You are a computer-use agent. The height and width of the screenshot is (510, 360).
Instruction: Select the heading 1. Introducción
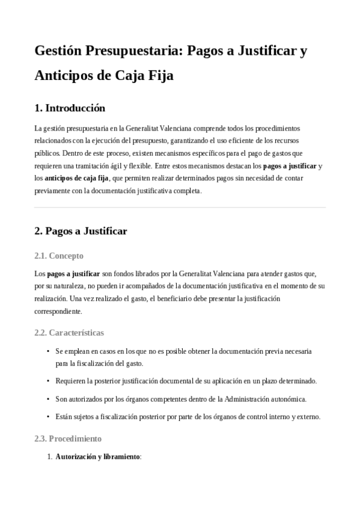click(x=70, y=108)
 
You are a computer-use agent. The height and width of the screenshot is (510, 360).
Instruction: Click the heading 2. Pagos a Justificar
click(x=81, y=231)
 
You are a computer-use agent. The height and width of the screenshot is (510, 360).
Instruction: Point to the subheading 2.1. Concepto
click(x=59, y=256)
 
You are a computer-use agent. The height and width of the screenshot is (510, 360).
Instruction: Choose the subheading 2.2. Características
click(x=69, y=332)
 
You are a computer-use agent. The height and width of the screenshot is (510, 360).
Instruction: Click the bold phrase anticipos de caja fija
click(x=76, y=178)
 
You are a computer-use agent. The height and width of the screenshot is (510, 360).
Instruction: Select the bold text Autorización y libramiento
click(x=97, y=457)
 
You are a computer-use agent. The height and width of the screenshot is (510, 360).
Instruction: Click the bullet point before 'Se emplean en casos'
click(x=48, y=351)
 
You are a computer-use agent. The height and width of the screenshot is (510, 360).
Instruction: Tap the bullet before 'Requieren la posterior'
click(x=48, y=381)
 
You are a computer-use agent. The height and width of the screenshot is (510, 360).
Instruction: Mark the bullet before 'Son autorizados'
click(x=48, y=399)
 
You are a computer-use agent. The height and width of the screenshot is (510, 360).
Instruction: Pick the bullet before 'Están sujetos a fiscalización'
click(x=48, y=416)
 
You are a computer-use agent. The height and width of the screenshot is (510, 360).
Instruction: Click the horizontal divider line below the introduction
click(x=180, y=207)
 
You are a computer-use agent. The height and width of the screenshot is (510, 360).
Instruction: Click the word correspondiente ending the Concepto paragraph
click(x=58, y=312)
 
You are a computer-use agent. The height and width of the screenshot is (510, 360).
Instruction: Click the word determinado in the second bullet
click(x=295, y=381)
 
